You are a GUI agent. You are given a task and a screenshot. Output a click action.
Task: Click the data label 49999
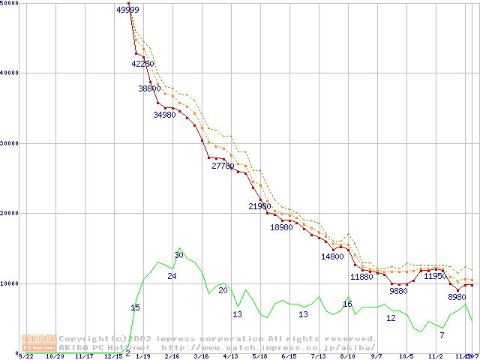[128, 10]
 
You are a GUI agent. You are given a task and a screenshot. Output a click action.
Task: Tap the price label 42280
[142, 64]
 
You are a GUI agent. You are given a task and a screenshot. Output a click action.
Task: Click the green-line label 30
[178, 256]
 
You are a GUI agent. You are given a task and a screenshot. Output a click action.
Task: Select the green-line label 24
[172, 277]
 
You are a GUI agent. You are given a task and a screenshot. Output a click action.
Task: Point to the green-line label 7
[442, 335]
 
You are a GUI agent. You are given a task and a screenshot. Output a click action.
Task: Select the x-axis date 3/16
[201, 356]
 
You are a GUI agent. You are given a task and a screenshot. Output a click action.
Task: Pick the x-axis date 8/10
[347, 356]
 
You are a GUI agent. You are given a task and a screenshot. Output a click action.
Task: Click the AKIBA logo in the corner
[38, 343]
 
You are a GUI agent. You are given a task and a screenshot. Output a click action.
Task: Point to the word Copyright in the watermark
[86, 338]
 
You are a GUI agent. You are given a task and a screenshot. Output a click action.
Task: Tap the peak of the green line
[180, 248]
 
